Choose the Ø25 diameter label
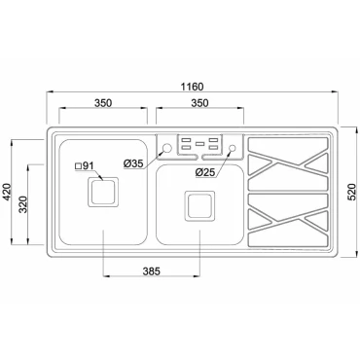tap(205, 172)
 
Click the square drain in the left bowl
tap(103, 193)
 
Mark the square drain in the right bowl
tap(200, 206)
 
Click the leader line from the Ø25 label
tap(223, 160)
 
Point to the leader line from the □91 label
tap(95, 175)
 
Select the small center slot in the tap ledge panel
tap(199, 145)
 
